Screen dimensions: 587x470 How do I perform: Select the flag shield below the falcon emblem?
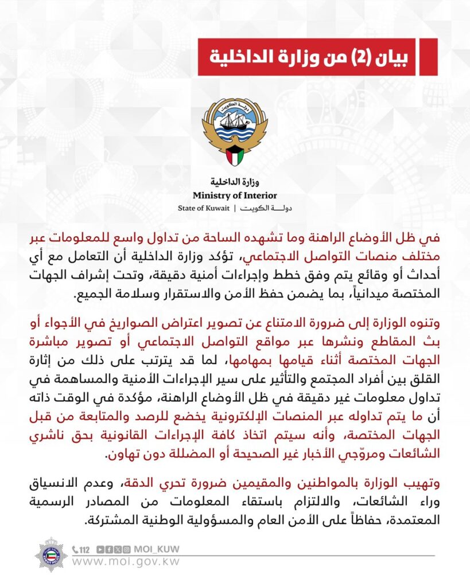pos(235,155)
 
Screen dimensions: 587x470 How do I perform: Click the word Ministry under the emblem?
pos(213,196)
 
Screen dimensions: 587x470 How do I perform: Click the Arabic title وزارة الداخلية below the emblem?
pos(235,183)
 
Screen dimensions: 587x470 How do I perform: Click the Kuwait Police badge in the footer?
pos(51,554)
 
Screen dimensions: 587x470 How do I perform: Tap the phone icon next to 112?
pos(75,549)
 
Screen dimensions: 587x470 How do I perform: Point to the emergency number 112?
pos(85,549)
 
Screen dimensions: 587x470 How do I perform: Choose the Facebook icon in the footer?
pos(109,549)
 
